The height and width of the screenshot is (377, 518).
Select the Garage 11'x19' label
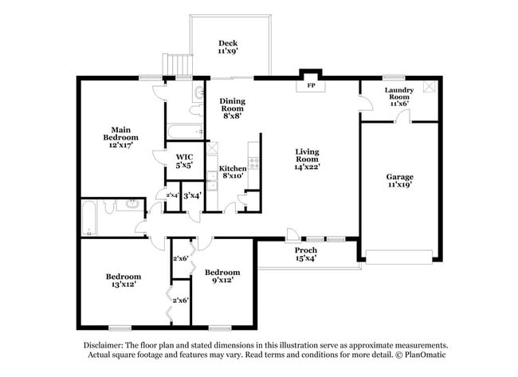pyautogui.click(x=398, y=179)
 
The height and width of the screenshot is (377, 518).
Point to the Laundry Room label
pyautogui.click(x=398, y=96)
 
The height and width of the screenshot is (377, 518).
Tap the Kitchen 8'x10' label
pyautogui.click(x=233, y=172)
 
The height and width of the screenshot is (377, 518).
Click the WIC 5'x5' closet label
pyautogui.click(x=184, y=162)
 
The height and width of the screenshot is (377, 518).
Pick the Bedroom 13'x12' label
pyautogui.click(x=124, y=281)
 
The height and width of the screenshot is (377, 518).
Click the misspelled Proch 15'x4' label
pyautogui.click(x=305, y=253)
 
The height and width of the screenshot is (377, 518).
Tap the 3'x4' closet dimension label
pyautogui.click(x=192, y=195)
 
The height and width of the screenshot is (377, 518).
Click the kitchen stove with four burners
pyautogui.click(x=254, y=163)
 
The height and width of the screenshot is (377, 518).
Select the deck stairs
pyautogui.click(x=182, y=64)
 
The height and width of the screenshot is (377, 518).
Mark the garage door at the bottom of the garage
pyautogui.click(x=398, y=257)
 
